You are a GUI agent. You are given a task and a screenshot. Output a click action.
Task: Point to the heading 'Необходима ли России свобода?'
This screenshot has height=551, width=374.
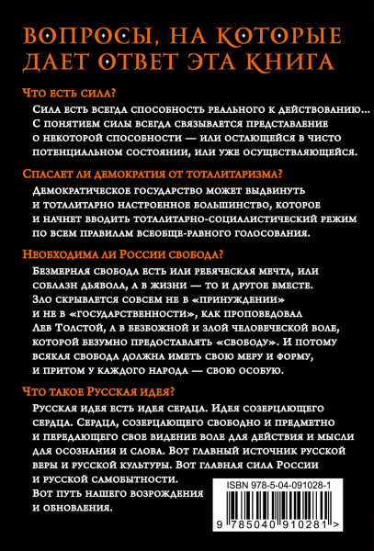(x=121, y=253)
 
